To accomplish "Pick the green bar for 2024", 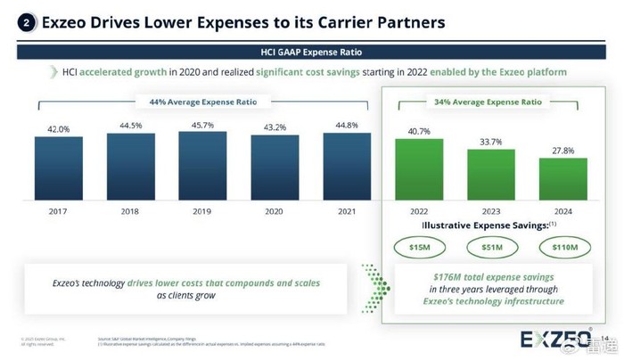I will point(562,183).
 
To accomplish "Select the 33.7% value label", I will point(490,141).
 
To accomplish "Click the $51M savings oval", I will point(490,246).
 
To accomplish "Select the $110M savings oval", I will point(562,246).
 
